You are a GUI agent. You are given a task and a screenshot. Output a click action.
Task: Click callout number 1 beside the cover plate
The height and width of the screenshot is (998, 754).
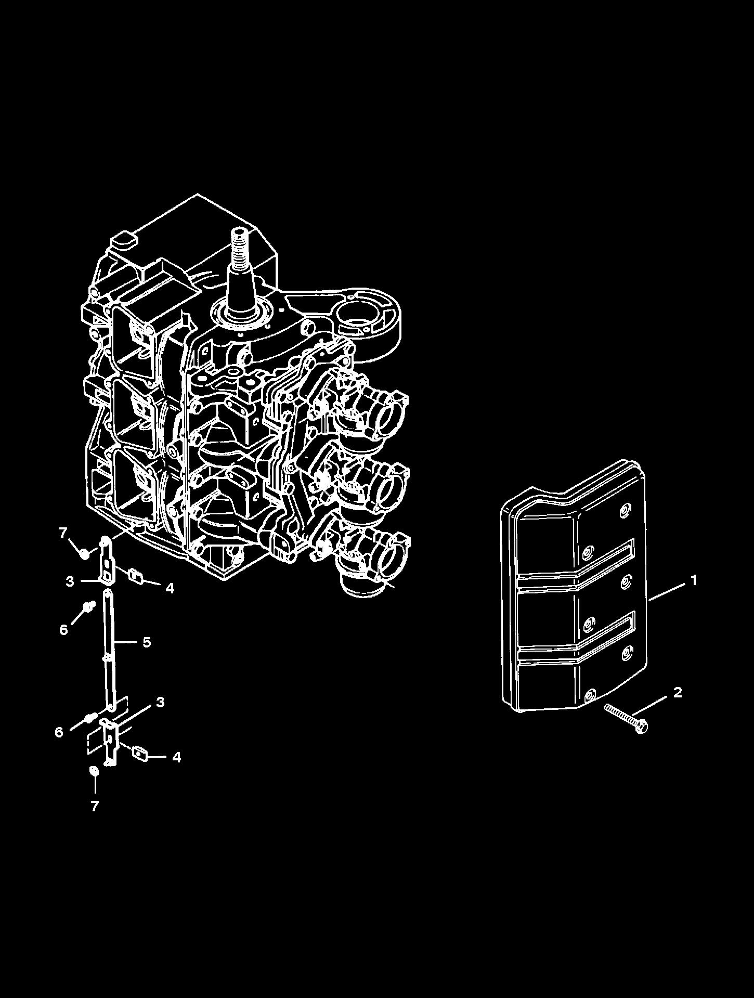(693, 580)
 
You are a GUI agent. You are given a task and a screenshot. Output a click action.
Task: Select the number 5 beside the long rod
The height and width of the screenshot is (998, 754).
(147, 642)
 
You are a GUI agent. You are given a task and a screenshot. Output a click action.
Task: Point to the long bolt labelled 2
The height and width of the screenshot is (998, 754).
(626, 717)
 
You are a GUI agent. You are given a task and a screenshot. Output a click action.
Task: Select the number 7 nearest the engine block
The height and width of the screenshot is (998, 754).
(63, 532)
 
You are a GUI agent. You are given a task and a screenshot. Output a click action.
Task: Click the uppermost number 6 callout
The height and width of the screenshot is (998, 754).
(63, 630)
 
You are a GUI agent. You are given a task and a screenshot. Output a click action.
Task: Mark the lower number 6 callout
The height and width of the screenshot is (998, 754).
(59, 732)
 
